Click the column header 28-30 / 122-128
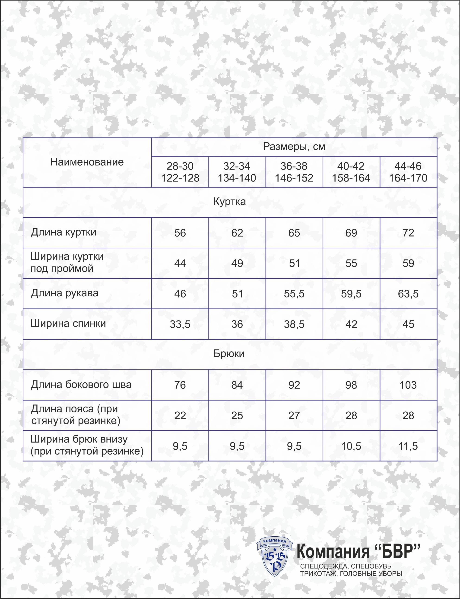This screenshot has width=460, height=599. pos(180,172)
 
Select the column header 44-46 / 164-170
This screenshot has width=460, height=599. pos(408,172)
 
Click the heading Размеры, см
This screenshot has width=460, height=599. pos(294,147)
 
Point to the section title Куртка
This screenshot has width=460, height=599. pos(229,202)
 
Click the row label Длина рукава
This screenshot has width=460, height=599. pos(64,293)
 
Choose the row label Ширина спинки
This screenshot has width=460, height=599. pos(68,323)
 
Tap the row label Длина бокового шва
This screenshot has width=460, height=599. pos(81,384)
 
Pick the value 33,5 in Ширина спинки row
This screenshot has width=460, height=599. pos(180,324)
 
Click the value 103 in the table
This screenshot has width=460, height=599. pos(408,385)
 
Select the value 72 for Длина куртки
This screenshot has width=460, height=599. pos(408,233)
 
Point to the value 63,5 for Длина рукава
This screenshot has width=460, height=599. pos(408,294)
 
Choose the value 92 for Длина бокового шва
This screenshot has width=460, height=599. pos(294,385)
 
